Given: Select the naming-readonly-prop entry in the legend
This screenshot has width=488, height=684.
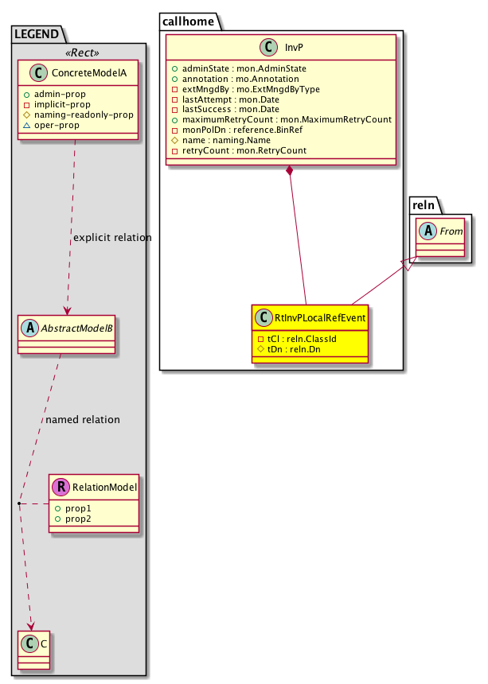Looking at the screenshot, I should point(83,115).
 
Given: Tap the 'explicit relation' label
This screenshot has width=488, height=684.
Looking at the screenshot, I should point(111,238).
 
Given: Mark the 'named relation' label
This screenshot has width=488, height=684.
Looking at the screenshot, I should point(83,419).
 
